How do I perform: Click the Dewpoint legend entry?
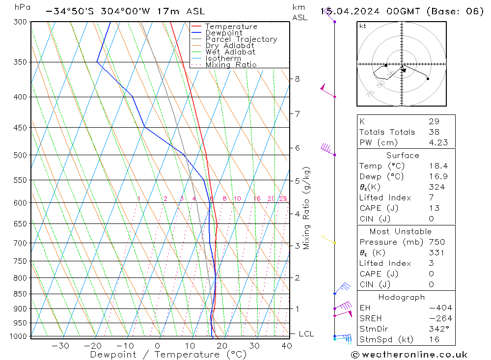click(223, 33)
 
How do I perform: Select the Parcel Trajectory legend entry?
click(241, 39)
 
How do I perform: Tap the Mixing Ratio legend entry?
click(231, 65)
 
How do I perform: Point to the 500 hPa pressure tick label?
click(21, 155)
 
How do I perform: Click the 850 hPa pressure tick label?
click(21, 294)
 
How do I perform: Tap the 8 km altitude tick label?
click(297, 79)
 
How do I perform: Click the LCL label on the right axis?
click(306, 334)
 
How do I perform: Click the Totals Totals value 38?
click(434, 132)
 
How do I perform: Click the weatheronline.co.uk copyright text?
click(409, 355)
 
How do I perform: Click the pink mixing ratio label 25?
click(283, 199)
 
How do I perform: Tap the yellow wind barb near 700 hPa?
click(327, 239)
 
